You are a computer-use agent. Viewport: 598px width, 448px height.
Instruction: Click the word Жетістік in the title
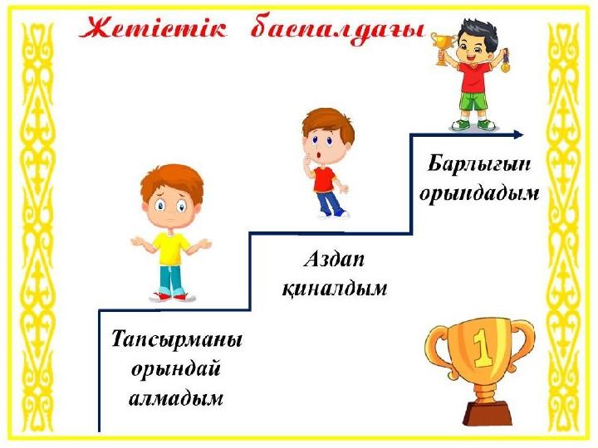154,28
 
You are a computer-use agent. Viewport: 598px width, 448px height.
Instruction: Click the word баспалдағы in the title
338,30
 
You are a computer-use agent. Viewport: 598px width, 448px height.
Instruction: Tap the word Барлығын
479,165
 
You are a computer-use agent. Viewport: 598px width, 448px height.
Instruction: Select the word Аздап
334,261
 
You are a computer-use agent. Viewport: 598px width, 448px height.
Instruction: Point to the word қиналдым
335,289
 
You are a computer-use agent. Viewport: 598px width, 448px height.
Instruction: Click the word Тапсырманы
177,340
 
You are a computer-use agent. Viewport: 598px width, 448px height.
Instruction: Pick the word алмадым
176,398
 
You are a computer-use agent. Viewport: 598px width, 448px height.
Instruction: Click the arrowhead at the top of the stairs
518,134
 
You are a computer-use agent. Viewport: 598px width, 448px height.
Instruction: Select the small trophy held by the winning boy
444,48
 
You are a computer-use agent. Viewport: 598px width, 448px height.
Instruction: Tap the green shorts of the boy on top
473,101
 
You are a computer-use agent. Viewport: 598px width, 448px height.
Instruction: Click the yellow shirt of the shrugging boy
171,248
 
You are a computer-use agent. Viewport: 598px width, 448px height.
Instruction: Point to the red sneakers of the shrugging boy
173,297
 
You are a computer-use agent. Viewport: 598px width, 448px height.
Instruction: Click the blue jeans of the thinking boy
329,202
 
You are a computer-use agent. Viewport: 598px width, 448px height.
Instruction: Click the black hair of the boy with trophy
477,31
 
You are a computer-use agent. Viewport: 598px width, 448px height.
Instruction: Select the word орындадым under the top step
479,193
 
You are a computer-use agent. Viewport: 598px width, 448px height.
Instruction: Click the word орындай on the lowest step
176,369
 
